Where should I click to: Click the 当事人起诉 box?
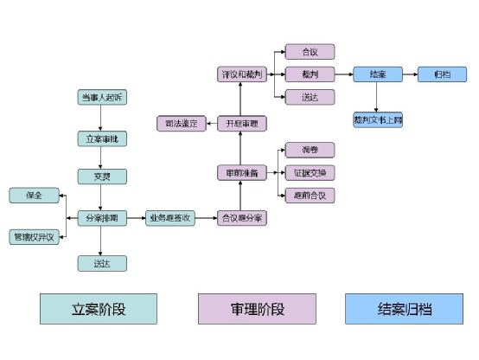point(102,97)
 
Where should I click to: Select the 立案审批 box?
point(102,138)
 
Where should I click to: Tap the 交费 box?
point(102,177)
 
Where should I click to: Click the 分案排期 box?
point(102,218)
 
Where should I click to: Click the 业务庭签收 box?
point(169,218)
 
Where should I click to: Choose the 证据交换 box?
point(310,173)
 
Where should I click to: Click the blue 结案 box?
point(377,74)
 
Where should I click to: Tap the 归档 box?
point(442,74)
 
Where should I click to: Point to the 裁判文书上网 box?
point(377,119)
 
